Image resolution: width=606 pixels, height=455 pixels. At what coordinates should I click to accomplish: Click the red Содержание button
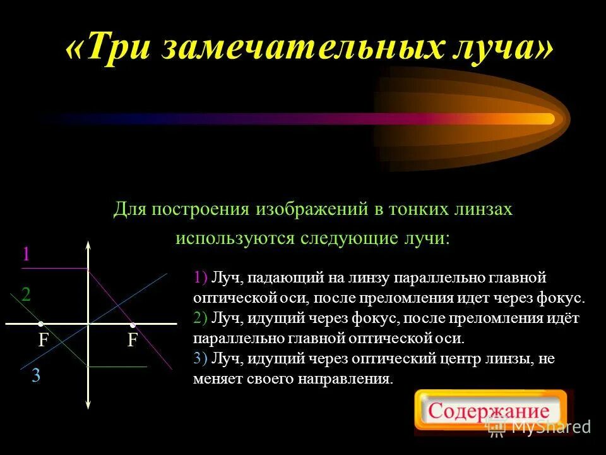pos(490,411)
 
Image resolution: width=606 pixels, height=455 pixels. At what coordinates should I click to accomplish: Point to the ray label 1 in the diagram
pos(26,255)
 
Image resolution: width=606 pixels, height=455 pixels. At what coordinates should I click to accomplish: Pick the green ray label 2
pos(26,294)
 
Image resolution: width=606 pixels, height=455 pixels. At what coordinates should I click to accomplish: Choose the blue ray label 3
pos(36,376)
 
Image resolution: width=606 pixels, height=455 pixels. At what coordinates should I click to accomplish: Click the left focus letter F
pos(44,341)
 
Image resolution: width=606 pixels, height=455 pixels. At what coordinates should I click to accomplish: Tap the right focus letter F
pos(133,341)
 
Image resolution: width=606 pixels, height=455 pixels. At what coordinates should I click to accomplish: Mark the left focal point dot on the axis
pos(40,324)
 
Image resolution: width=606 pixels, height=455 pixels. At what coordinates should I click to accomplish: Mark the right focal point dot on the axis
pos(133,324)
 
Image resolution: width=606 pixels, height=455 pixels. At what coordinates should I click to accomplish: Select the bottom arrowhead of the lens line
pos(88,407)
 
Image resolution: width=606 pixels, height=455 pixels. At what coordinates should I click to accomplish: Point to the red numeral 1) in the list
pos(201,277)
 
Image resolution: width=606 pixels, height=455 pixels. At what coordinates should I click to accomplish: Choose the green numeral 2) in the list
pos(201,317)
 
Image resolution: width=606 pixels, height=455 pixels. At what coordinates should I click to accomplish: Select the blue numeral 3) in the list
pos(201,359)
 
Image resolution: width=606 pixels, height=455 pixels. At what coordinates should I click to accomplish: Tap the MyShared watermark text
pos(550,427)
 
